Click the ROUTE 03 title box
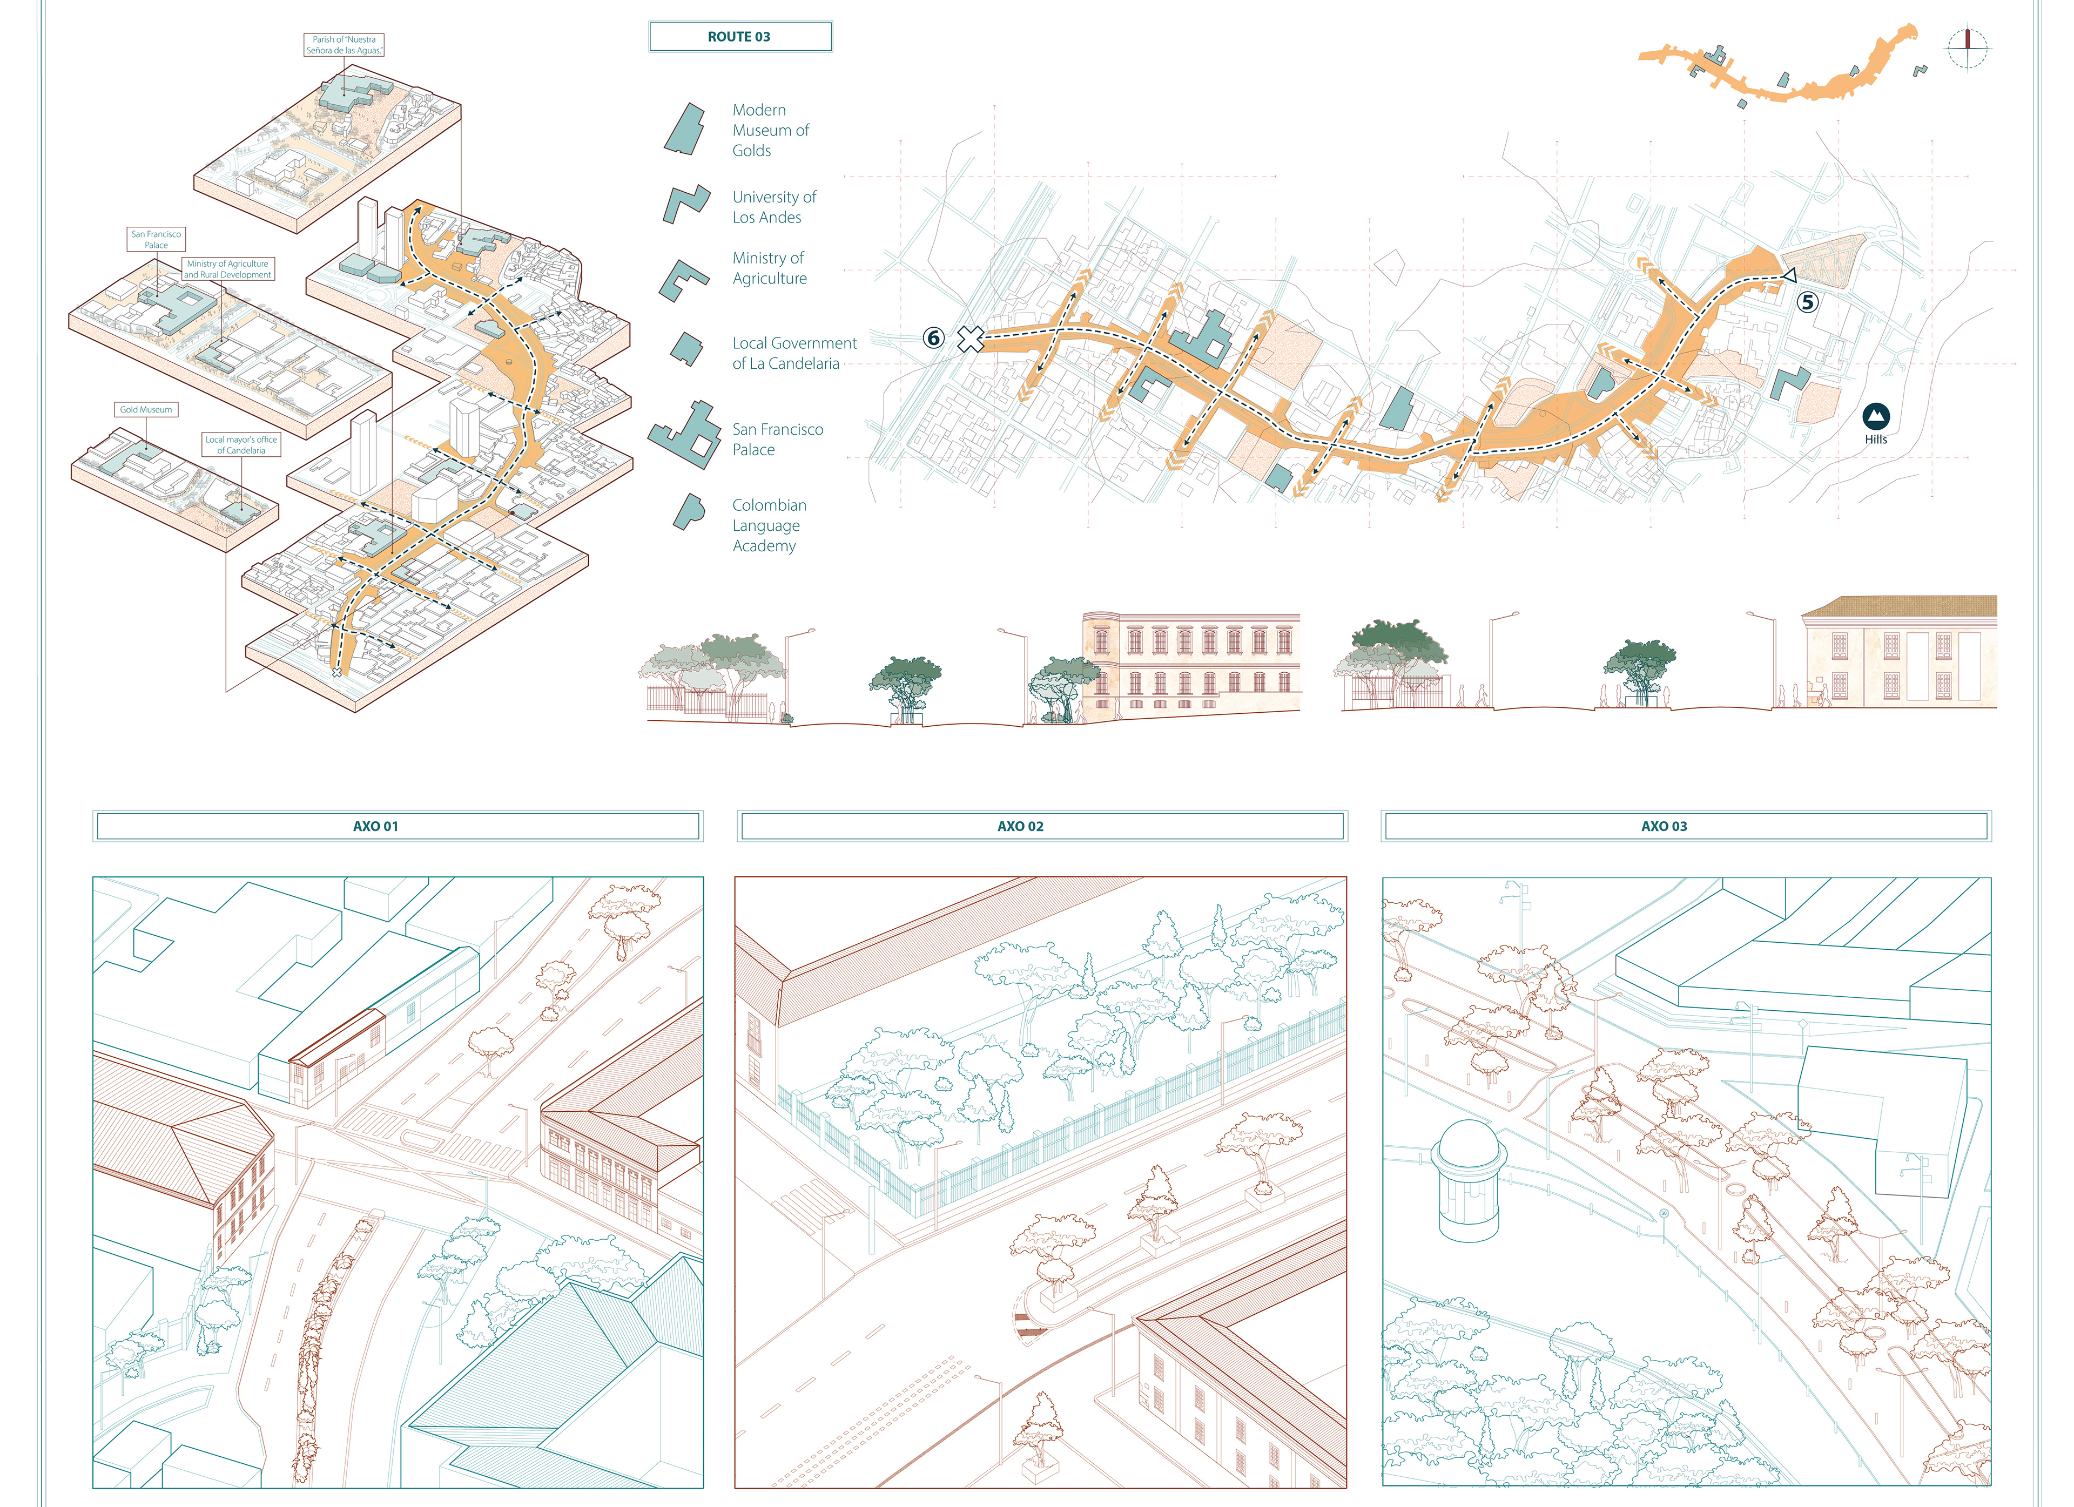tap(740, 37)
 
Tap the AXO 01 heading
tap(376, 826)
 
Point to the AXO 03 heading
tap(1664, 826)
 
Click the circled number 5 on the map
tap(1807, 302)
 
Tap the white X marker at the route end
tap(970, 339)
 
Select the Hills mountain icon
tap(1876, 417)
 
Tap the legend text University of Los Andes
tap(773, 207)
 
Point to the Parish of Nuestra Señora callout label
tap(344, 45)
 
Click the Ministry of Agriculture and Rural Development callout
tap(228, 269)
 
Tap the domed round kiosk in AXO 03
tap(1469, 1180)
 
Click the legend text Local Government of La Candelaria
tap(794, 353)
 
